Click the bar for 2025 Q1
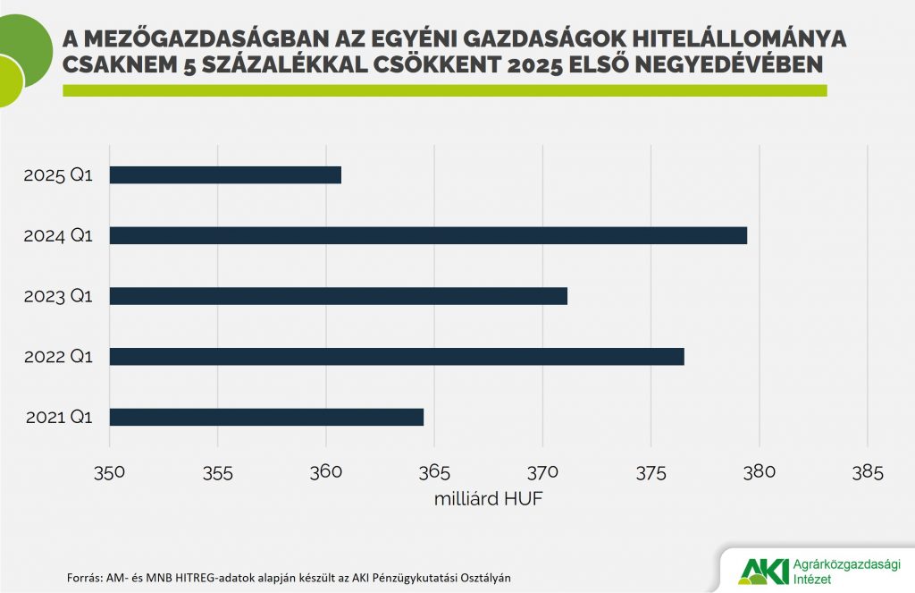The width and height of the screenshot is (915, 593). pyautogui.click(x=225, y=175)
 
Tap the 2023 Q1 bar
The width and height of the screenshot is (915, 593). pyautogui.click(x=338, y=296)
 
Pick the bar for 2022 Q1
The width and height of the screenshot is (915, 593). pyautogui.click(x=397, y=357)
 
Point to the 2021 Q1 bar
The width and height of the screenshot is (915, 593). pyautogui.click(x=266, y=418)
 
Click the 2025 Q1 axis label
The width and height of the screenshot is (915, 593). pyautogui.click(x=58, y=175)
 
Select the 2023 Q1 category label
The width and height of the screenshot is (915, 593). pyautogui.click(x=58, y=296)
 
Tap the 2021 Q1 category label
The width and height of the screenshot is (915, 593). pyautogui.click(x=58, y=418)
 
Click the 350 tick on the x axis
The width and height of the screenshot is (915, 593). pyautogui.click(x=109, y=471)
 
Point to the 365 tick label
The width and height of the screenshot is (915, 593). pyautogui.click(x=434, y=471)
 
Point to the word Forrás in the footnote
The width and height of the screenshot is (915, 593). pyautogui.click(x=85, y=577)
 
